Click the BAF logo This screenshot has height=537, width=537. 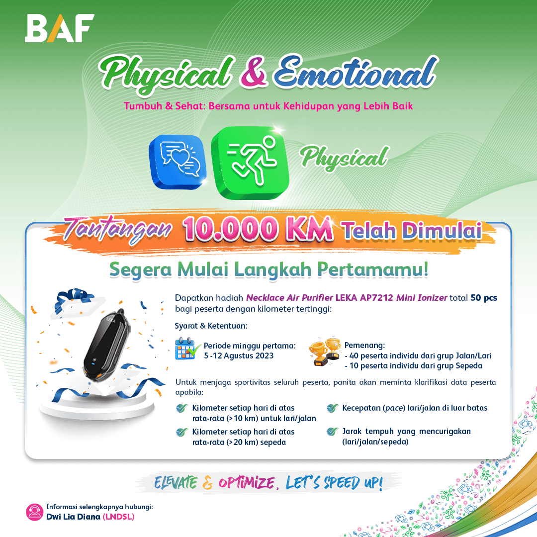[60, 28]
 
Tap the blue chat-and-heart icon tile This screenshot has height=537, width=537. [178, 162]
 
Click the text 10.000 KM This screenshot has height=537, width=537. [258, 229]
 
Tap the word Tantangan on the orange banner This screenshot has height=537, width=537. [117, 229]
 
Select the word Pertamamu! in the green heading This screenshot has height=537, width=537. [373, 269]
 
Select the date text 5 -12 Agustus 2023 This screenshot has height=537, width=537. [239, 356]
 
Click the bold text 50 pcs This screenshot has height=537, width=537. [484, 298]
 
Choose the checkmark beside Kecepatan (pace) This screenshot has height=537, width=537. [332, 408]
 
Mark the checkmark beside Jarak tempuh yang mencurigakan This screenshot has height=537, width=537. [332, 432]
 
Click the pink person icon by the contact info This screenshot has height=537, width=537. [35, 512]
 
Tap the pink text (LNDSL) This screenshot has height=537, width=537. [118, 517]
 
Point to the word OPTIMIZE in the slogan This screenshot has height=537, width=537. [247, 483]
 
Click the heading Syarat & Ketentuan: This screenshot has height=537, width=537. [211, 326]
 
